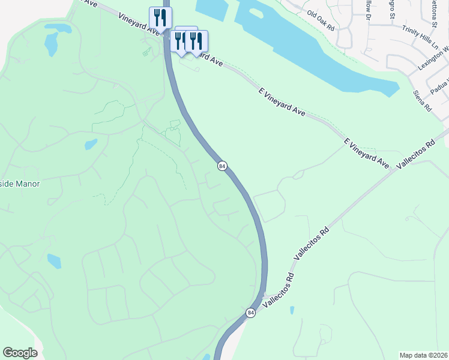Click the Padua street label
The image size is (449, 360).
(x=441, y=85)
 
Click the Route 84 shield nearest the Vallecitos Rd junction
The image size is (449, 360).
(x=250, y=313)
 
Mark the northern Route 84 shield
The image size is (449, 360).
(x=222, y=166)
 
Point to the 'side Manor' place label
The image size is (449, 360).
(x=19, y=184)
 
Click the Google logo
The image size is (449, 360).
(x=20, y=353)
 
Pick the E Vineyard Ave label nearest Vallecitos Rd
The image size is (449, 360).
(x=367, y=153)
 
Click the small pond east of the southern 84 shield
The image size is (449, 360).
(x=292, y=310)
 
